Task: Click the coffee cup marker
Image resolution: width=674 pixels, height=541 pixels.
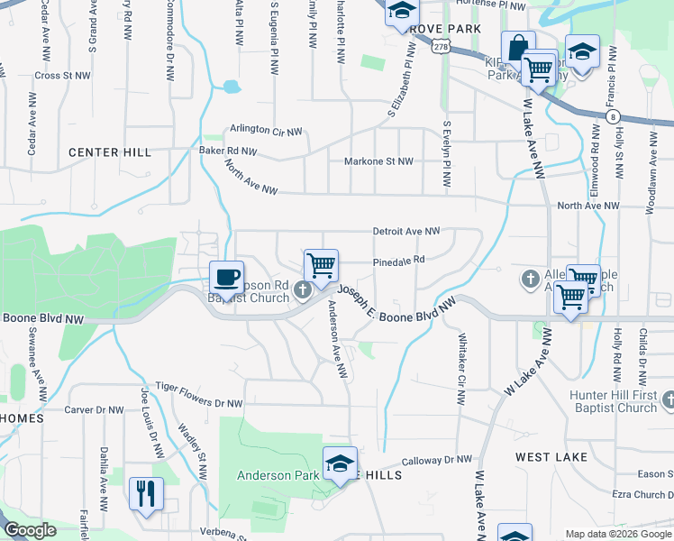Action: click(x=226, y=276)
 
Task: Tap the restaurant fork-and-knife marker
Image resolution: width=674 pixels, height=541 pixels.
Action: click(x=146, y=493)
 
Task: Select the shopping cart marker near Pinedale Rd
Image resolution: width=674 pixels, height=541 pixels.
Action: click(x=321, y=265)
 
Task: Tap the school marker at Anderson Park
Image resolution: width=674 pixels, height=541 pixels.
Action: click(x=340, y=463)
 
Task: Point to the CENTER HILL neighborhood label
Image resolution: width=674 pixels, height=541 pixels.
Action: click(x=110, y=152)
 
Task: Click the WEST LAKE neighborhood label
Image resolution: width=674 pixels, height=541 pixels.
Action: click(x=551, y=457)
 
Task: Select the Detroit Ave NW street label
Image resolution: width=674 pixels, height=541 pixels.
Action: click(x=406, y=232)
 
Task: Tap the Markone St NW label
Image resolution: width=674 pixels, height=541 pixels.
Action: click(x=378, y=161)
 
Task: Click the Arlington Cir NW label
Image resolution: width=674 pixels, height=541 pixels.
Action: click(x=266, y=130)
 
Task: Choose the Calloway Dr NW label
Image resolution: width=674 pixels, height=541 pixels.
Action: click(x=437, y=460)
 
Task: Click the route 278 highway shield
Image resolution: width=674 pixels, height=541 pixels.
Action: click(x=440, y=46)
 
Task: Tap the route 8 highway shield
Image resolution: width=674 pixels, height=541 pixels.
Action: click(x=613, y=116)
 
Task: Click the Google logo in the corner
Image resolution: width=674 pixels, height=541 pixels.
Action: click(x=30, y=530)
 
